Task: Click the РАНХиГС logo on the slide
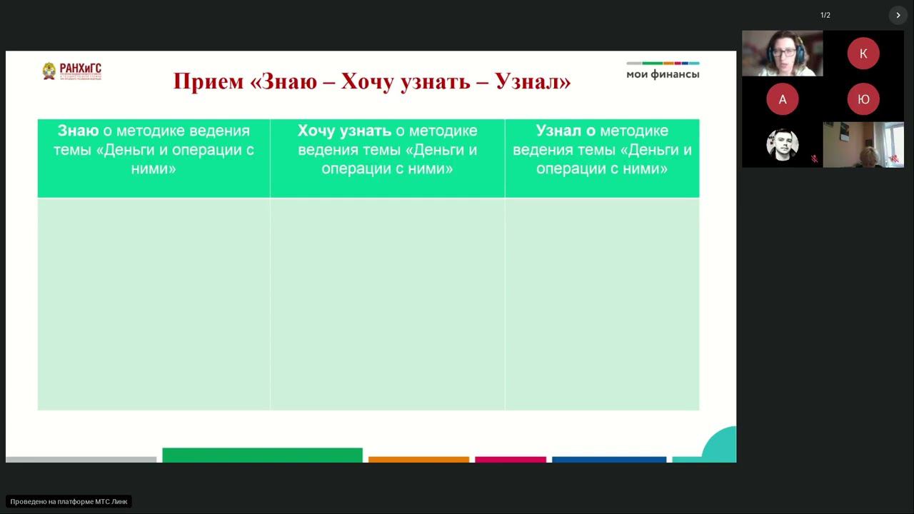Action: tap(71, 71)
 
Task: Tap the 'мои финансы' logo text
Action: tap(663, 74)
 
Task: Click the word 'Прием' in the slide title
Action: tap(208, 81)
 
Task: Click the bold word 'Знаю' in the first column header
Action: tap(78, 131)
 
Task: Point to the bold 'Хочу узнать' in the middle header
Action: tap(344, 131)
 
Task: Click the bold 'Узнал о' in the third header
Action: tap(566, 131)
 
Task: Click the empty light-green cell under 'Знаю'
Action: tap(154, 303)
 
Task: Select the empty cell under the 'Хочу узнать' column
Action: tap(387, 303)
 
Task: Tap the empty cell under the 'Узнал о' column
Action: tap(602, 303)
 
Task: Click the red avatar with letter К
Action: tap(863, 54)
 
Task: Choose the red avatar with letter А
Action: tap(782, 99)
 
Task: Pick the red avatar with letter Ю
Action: tap(863, 99)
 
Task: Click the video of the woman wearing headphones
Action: tap(782, 54)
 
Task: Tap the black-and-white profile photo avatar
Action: tap(782, 145)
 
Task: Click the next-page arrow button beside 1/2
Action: tap(898, 15)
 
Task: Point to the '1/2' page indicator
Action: tap(825, 15)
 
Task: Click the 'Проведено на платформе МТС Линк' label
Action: tap(69, 501)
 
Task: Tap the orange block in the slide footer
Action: tap(418, 459)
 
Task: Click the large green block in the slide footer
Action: tap(262, 455)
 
